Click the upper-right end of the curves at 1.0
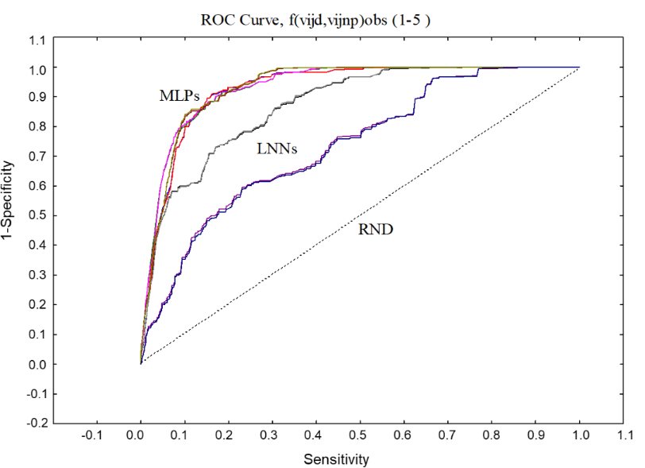click(579, 68)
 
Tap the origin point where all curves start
click(141, 364)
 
